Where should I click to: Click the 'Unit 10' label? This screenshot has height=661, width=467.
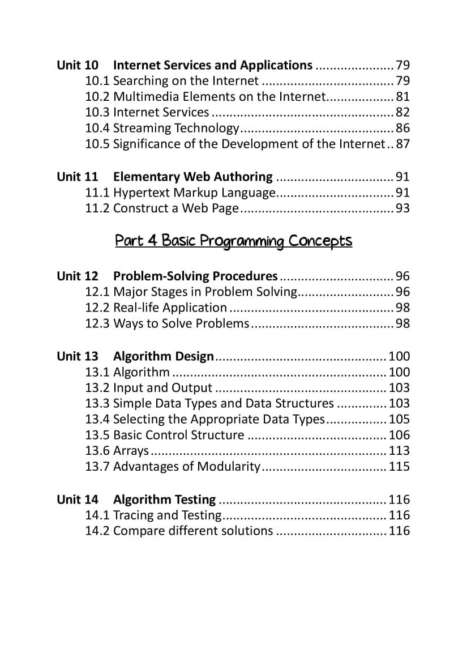click(77, 65)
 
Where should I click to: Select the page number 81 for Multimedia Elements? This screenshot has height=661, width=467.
click(402, 97)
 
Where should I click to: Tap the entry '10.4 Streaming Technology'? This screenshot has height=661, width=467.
click(162, 129)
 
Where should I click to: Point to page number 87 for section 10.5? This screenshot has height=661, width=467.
click(402, 144)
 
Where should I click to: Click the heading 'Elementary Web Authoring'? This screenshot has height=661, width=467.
click(192, 177)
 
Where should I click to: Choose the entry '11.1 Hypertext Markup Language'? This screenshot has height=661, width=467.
click(180, 193)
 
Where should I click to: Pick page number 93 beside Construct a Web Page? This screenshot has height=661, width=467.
click(402, 208)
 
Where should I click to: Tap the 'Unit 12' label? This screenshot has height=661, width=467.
click(77, 276)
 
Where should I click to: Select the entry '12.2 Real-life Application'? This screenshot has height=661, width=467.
click(156, 308)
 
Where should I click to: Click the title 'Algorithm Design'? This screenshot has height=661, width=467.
click(163, 357)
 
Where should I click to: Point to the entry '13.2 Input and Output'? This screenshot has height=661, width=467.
click(148, 388)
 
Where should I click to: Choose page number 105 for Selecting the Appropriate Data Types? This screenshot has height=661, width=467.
click(399, 420)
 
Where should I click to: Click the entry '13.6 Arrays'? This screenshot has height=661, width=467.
click(117, 451)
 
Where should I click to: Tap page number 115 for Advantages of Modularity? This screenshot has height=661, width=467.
click(399, 467)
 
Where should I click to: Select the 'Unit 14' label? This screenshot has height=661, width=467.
click(77, 500)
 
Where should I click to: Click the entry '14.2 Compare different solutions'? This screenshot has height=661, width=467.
click(179, 531)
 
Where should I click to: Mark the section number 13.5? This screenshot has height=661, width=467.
click(97, 436)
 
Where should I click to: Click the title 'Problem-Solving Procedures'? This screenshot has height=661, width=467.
click(195, 276)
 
